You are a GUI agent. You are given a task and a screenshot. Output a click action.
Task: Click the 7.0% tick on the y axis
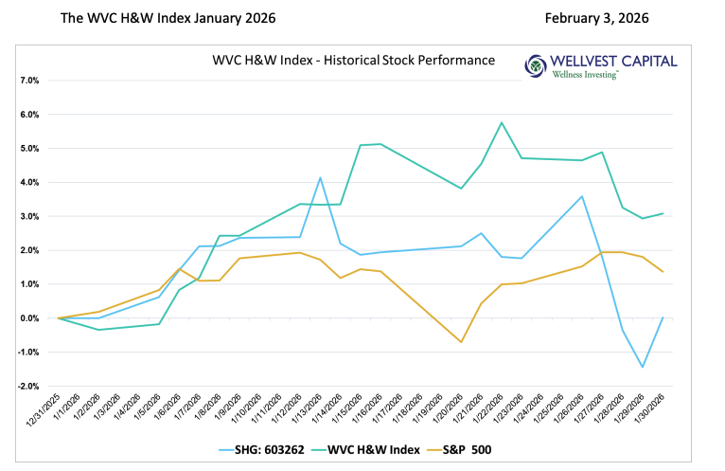28,81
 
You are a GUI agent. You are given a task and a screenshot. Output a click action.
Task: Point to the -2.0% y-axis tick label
27,387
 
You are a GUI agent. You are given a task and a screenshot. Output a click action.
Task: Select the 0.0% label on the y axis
28,318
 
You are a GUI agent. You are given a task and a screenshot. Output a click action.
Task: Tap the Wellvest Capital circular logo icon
536,65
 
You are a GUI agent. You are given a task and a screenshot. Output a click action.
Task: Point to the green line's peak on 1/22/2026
501,122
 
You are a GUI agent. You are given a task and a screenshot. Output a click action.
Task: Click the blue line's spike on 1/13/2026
321,177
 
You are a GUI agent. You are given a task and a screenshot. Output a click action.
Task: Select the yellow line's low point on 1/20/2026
462,341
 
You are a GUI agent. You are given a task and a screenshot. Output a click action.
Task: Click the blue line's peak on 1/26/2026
582,196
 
